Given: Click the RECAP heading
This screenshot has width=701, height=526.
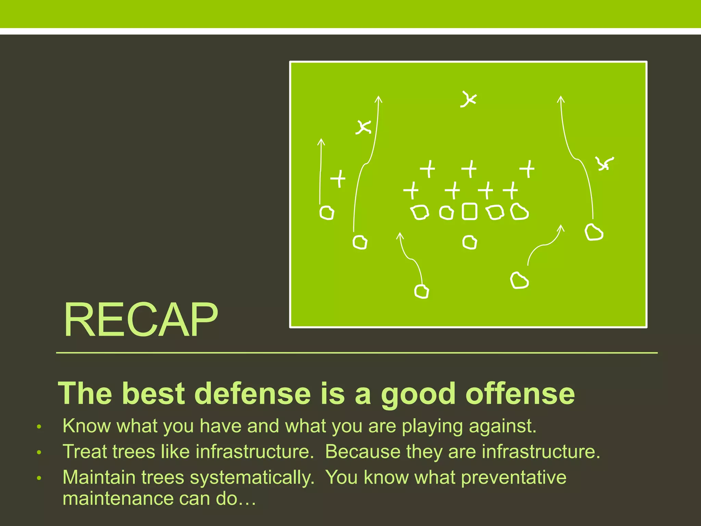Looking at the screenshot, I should coord(140,320).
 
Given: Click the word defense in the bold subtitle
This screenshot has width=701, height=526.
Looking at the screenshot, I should coord(252,394).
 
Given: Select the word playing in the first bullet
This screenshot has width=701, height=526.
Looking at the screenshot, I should coord(432,427).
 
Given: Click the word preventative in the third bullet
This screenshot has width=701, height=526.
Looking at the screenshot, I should coord(513,478).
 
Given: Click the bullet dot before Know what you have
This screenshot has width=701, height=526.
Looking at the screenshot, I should coord(39,427).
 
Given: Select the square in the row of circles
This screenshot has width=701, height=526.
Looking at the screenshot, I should coord(469,212).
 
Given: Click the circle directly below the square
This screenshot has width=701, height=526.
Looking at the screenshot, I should coord(470,242).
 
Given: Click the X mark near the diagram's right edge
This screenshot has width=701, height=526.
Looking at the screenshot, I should coord(604,163).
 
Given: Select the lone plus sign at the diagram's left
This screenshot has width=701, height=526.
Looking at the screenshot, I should coord(338,178).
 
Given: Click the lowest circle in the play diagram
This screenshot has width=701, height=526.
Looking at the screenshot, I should coord(421,292).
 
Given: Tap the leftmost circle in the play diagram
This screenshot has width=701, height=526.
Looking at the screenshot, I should coord(327,213).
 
